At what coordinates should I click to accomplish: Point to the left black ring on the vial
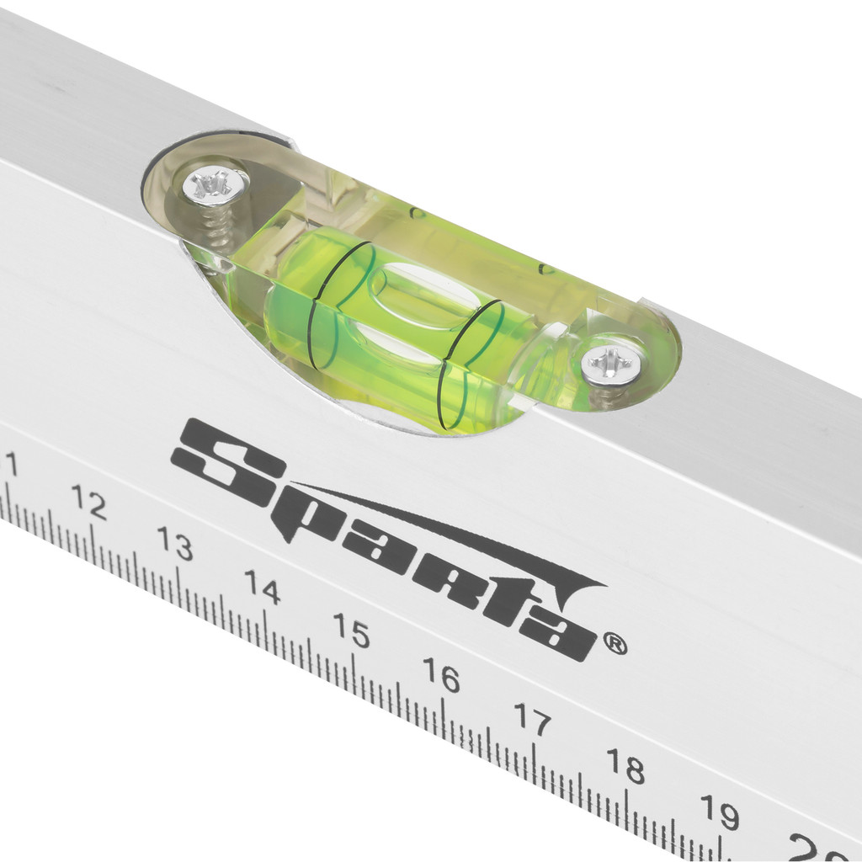335,305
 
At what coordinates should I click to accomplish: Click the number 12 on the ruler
88,502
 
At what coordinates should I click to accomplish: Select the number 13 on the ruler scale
175,543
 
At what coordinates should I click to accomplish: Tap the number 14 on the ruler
263,587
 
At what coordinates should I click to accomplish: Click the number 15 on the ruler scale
351,630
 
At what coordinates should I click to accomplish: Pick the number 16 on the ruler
441,675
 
